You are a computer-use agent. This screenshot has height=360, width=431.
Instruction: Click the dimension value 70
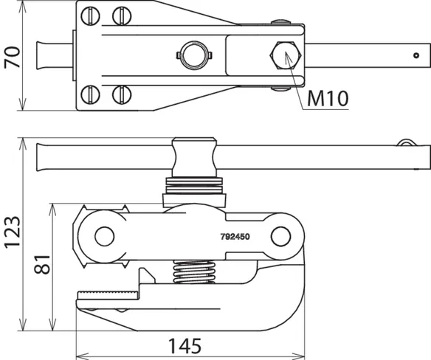tap(12, 58)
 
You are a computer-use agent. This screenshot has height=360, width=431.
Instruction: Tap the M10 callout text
tap(328, 98)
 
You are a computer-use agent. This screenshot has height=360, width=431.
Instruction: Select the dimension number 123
tap(12, 232)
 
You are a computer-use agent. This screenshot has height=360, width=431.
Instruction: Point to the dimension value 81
tap(42, 264)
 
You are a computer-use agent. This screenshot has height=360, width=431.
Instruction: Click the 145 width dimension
tap(185, 346)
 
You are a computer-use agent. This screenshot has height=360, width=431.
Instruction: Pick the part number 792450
tap(235, 237)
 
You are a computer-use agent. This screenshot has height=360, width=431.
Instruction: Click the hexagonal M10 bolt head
tap(286, 55)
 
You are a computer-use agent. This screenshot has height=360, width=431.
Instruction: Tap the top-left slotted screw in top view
tap(90, 15)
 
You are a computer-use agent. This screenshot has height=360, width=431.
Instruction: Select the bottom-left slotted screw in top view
tap(90, 95)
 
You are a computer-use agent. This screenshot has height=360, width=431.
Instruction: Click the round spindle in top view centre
tap(194, 55)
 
